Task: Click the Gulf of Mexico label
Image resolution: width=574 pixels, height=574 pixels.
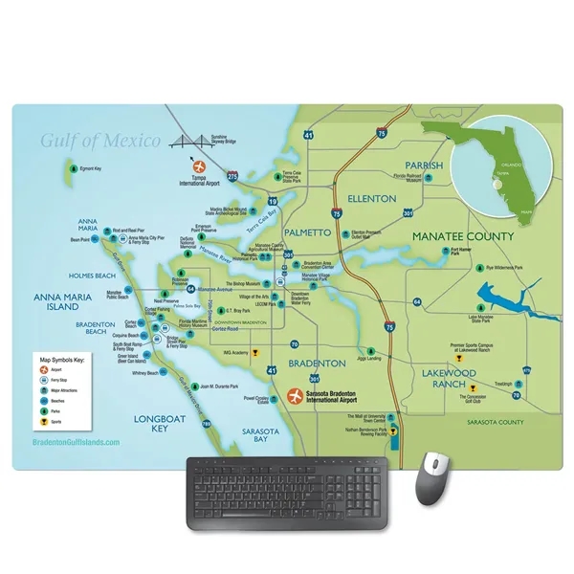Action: point(99,142)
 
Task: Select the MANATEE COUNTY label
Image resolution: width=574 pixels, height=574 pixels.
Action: point(462,235)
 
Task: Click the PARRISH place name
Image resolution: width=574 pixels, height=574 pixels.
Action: point(424,166)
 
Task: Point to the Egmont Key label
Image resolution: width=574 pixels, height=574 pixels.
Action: point(91,168)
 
